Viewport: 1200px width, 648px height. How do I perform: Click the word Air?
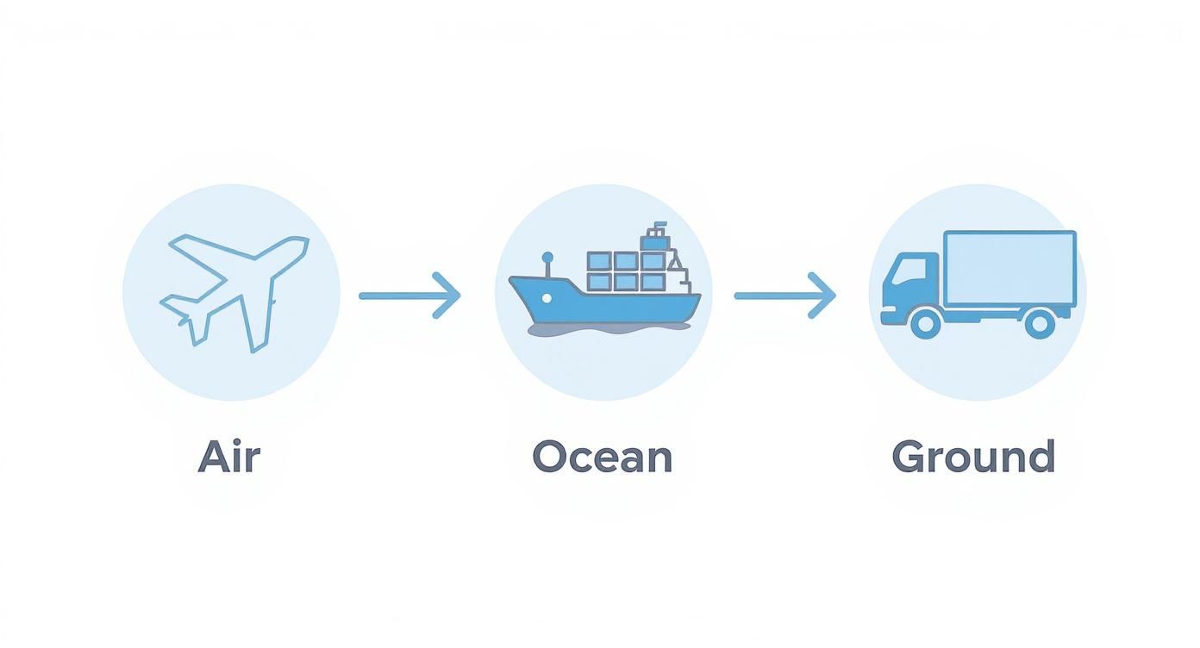(x=228, y=457)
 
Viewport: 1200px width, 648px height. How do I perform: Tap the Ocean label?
(x=602, y=457)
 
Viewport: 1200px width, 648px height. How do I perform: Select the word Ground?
(x=973, y=457)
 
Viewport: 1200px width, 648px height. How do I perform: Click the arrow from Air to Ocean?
(x=409, y=296)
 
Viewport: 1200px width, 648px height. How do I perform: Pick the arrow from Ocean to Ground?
(x=784, y=296)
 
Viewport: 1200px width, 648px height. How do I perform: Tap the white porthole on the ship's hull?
(x=547, y=297)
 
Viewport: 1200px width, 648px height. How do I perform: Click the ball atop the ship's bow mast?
(x=547, y=257)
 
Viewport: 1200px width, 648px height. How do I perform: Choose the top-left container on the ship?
(x=599, y=261)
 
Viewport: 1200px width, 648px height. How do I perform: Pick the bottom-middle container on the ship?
(x=627, y=282)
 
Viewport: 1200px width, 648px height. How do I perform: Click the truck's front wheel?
(x=925, y=324)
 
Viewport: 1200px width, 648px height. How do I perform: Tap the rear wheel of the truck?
(x=1039, y=324)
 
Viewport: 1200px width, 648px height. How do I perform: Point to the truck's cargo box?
(x=1009, y=267)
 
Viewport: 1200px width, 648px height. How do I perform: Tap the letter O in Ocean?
(x=549, y=457)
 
